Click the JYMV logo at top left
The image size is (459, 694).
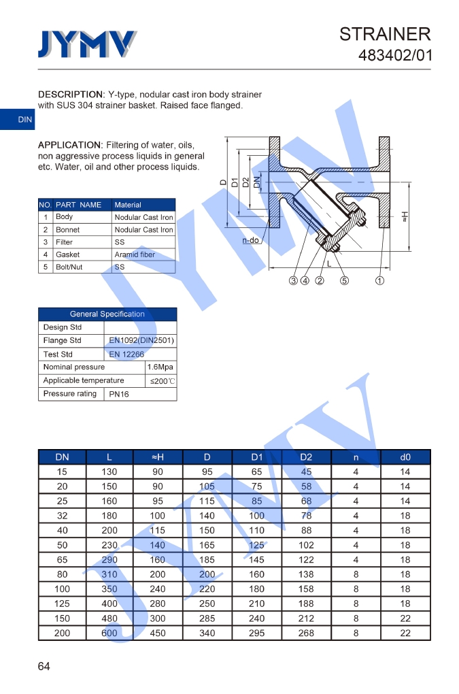coord(87,45)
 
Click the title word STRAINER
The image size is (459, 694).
coord(385,34)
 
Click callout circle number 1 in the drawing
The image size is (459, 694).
coord(380,280)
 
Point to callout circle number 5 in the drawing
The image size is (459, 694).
coord(345,280)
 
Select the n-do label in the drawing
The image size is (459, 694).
coord(251,240)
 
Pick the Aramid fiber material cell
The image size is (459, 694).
coord(135,254)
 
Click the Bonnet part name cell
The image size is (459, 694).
coord(67,230)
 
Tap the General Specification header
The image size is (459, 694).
coord(107,314)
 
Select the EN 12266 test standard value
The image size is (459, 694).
coord(126,354)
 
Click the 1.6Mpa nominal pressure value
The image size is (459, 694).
coord(160,367)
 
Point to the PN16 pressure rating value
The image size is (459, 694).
coord(119,394)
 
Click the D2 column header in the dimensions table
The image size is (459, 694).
coord(306,457)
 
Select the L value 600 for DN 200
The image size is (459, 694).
coord(109,633)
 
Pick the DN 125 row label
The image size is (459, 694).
coord(62,604)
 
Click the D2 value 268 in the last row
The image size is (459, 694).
coord(306,633)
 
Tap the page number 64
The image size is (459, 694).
coord(44,666)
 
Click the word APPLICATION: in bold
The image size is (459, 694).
coord(69,145)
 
